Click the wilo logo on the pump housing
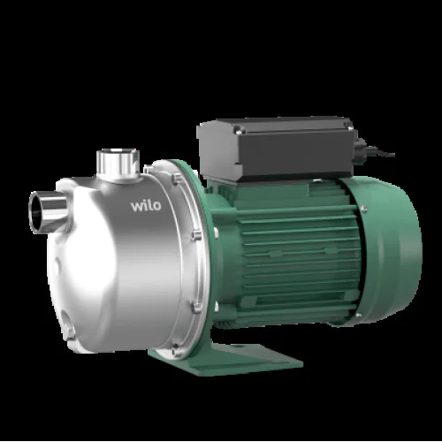coord(146,205)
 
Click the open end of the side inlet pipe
coord(36,212)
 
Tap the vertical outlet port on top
coord(118,164)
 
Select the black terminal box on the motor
coord(277,148)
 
